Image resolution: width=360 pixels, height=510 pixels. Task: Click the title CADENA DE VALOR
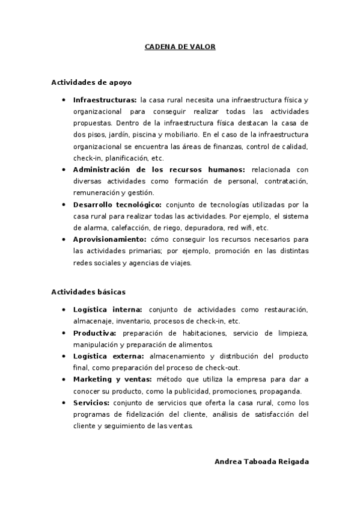[x=180, y=46]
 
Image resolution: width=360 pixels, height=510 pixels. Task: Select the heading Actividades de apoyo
[x=91, y=82]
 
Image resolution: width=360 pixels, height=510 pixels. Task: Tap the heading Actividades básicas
[x=88, y=292]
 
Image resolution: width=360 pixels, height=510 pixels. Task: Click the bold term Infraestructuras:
[x=105, y=100]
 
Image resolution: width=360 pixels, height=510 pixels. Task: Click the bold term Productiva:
[x=95, y=333]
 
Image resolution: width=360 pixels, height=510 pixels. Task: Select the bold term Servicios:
[x=91, y=402]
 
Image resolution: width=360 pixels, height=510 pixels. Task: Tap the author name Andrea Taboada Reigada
[x=261, y=461]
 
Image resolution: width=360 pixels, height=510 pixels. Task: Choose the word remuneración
[x=96, y=193]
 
